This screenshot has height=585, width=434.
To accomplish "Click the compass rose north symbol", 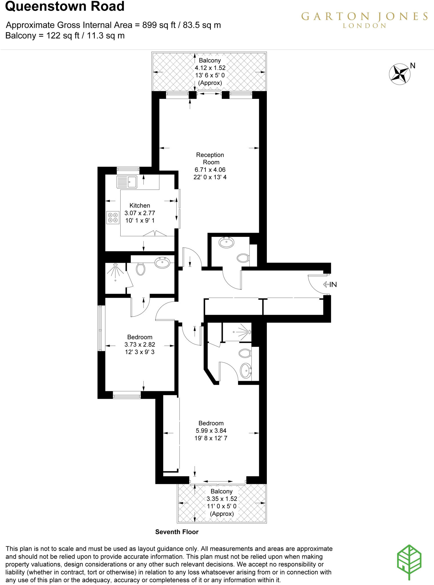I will (400, 74).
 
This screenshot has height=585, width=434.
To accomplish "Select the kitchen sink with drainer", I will (127, 182).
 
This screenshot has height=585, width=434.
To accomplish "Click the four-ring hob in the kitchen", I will (113, 217).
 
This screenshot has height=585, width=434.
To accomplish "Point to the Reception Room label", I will (210, 159).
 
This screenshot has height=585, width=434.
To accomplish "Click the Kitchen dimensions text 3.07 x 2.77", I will (140, 213).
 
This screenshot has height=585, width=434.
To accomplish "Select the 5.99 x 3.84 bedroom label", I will (211, 430).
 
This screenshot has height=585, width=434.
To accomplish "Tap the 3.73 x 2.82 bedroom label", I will (140, 344).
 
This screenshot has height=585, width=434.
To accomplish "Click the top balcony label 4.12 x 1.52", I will (210, 68).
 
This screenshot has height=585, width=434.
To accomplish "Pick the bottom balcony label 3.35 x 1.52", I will (222, 499).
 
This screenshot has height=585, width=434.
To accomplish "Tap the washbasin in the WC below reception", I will (226, 243).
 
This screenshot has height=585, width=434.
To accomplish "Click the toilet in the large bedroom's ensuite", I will (245, 353).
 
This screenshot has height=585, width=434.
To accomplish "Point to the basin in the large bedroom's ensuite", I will (245, 370).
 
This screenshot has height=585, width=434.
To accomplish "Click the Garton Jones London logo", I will (364, 19).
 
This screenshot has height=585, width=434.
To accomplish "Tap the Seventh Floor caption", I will (177, 532).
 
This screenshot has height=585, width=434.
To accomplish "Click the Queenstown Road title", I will (65, 6).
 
